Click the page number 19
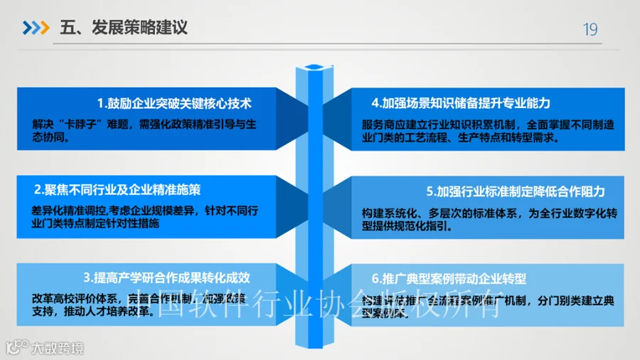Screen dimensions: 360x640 coord(590,29)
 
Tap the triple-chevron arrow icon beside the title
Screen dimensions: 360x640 coord(36,28)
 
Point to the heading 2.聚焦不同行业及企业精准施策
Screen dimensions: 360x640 coord(117,190)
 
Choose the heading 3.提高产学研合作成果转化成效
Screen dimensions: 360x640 coord(166,277)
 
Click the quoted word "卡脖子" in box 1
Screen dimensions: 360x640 coord(71,122)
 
